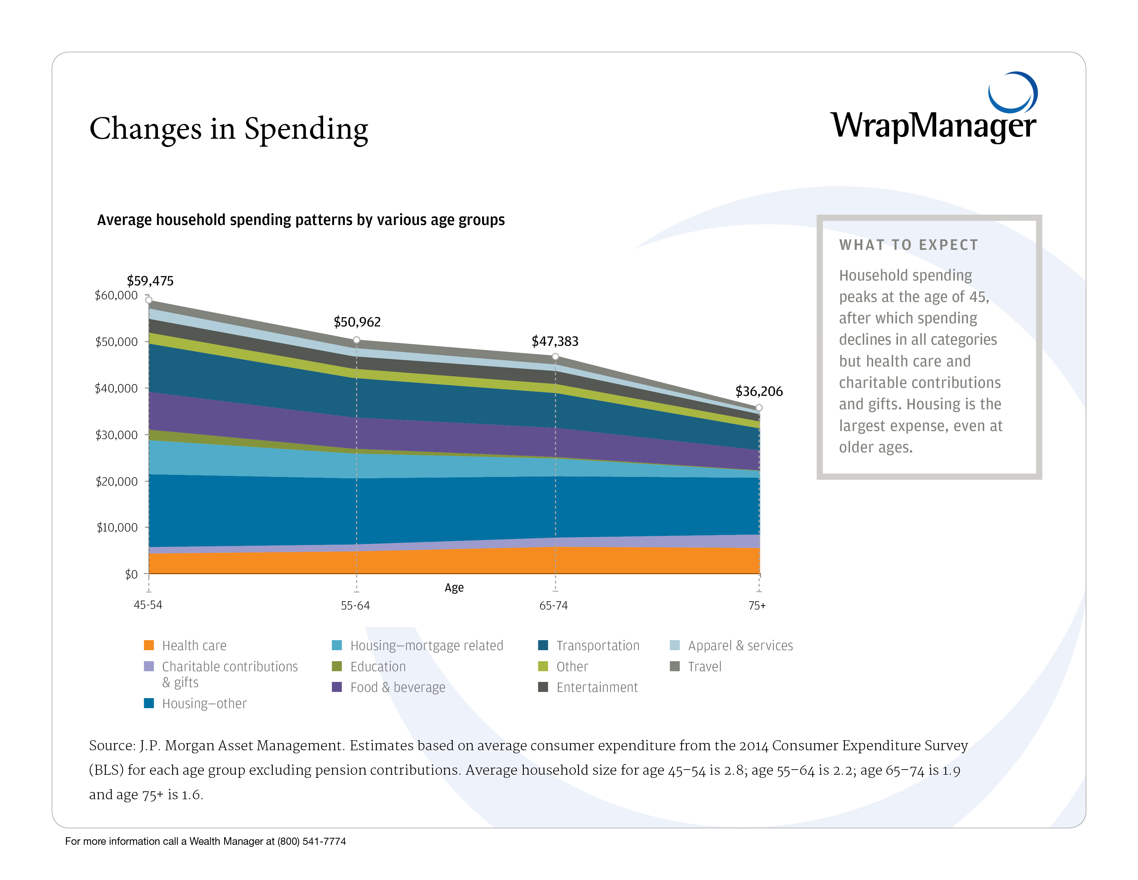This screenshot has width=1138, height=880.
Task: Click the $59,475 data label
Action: click(x=150, y=281)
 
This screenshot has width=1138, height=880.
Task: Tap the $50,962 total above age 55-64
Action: click(x=357, y=322)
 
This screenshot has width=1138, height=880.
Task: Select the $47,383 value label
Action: click(x=555, y=341)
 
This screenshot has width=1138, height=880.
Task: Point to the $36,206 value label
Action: click(x=759, y=392)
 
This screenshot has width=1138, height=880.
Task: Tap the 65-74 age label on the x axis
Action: click(x=553, y=606)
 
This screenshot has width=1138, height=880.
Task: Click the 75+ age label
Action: click(x=757, y=606)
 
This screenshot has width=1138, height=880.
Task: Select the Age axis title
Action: click(x=454, y=588)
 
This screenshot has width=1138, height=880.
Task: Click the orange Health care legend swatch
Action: click(x=149, y=645)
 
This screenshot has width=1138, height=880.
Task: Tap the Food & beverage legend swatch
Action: click(x=337, y=687)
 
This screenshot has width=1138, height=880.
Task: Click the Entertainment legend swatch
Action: click(x=543, y=687)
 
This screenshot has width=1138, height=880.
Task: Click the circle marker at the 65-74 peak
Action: click(x=556, y=356)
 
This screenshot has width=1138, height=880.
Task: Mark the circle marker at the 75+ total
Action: click(x=759, y=408)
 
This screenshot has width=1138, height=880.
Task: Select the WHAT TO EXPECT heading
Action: click(x=908, y=245)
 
